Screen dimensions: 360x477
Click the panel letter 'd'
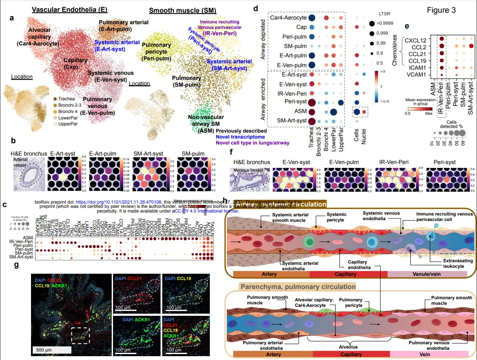256,8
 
